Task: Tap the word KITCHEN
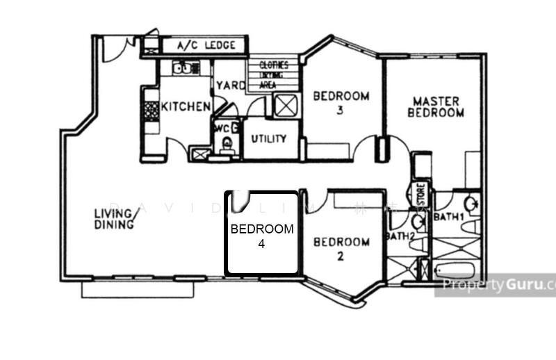pos(186,107)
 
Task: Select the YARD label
pos(230,86)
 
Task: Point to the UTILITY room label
pos(269,139)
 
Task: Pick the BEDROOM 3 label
pos(341,102)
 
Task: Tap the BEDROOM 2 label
pos(341,248)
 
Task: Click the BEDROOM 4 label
pos(262,236)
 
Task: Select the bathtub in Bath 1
pos(455,270)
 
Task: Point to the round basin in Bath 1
pos(471,204)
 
